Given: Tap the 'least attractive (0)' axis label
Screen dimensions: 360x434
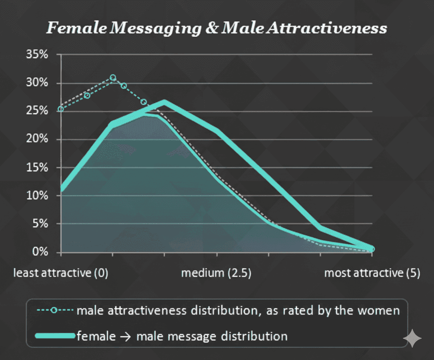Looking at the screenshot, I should (x=61, y=273).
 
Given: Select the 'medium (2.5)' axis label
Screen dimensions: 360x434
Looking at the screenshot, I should (x=216, y=273).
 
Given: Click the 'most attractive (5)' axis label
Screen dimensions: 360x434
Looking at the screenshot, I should (x=372, y=273).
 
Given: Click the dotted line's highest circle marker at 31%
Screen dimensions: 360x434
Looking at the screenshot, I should (x=113, y=78).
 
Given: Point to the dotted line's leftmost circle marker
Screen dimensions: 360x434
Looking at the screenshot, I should (x=61, y=109).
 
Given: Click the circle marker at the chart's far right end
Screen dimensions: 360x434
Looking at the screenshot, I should (x=372, y=249).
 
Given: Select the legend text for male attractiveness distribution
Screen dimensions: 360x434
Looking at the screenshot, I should (x=238, y=311).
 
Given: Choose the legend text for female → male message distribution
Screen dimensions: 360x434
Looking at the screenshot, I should (x=182, y=336).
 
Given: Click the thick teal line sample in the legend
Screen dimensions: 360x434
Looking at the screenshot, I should (x=55, y=336).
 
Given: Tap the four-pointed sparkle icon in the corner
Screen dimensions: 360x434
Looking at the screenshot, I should (x=412, y=338).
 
